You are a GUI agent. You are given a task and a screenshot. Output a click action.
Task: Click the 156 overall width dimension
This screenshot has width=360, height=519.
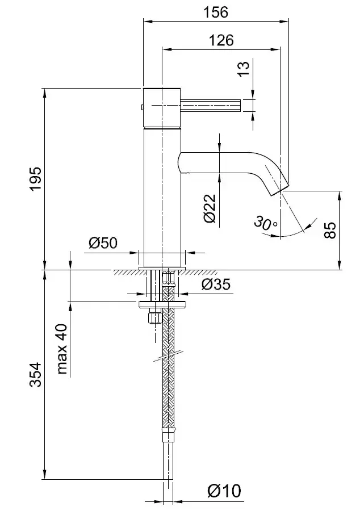[216, 11]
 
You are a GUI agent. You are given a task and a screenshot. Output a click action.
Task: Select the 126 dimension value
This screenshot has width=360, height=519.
[221, 40]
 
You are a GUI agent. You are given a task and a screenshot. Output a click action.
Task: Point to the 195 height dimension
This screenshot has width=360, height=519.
[35, 179]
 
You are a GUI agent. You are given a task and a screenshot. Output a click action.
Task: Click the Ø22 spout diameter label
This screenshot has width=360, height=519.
[209, 208]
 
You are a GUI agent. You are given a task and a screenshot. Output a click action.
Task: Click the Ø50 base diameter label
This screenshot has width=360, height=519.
[103, 243]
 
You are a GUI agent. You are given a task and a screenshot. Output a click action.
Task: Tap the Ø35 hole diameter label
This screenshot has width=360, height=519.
[216, 284]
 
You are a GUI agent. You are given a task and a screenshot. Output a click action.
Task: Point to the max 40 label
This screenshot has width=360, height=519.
[61, 349]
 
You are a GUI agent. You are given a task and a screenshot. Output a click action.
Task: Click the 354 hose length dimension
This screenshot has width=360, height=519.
[35, 375]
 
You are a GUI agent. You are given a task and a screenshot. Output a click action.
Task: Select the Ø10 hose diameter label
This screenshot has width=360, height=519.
[224, 490]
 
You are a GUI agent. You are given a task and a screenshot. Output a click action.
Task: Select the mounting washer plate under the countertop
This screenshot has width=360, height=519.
[162, 305]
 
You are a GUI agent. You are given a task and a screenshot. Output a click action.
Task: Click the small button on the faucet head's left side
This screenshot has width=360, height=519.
[141, 106]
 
